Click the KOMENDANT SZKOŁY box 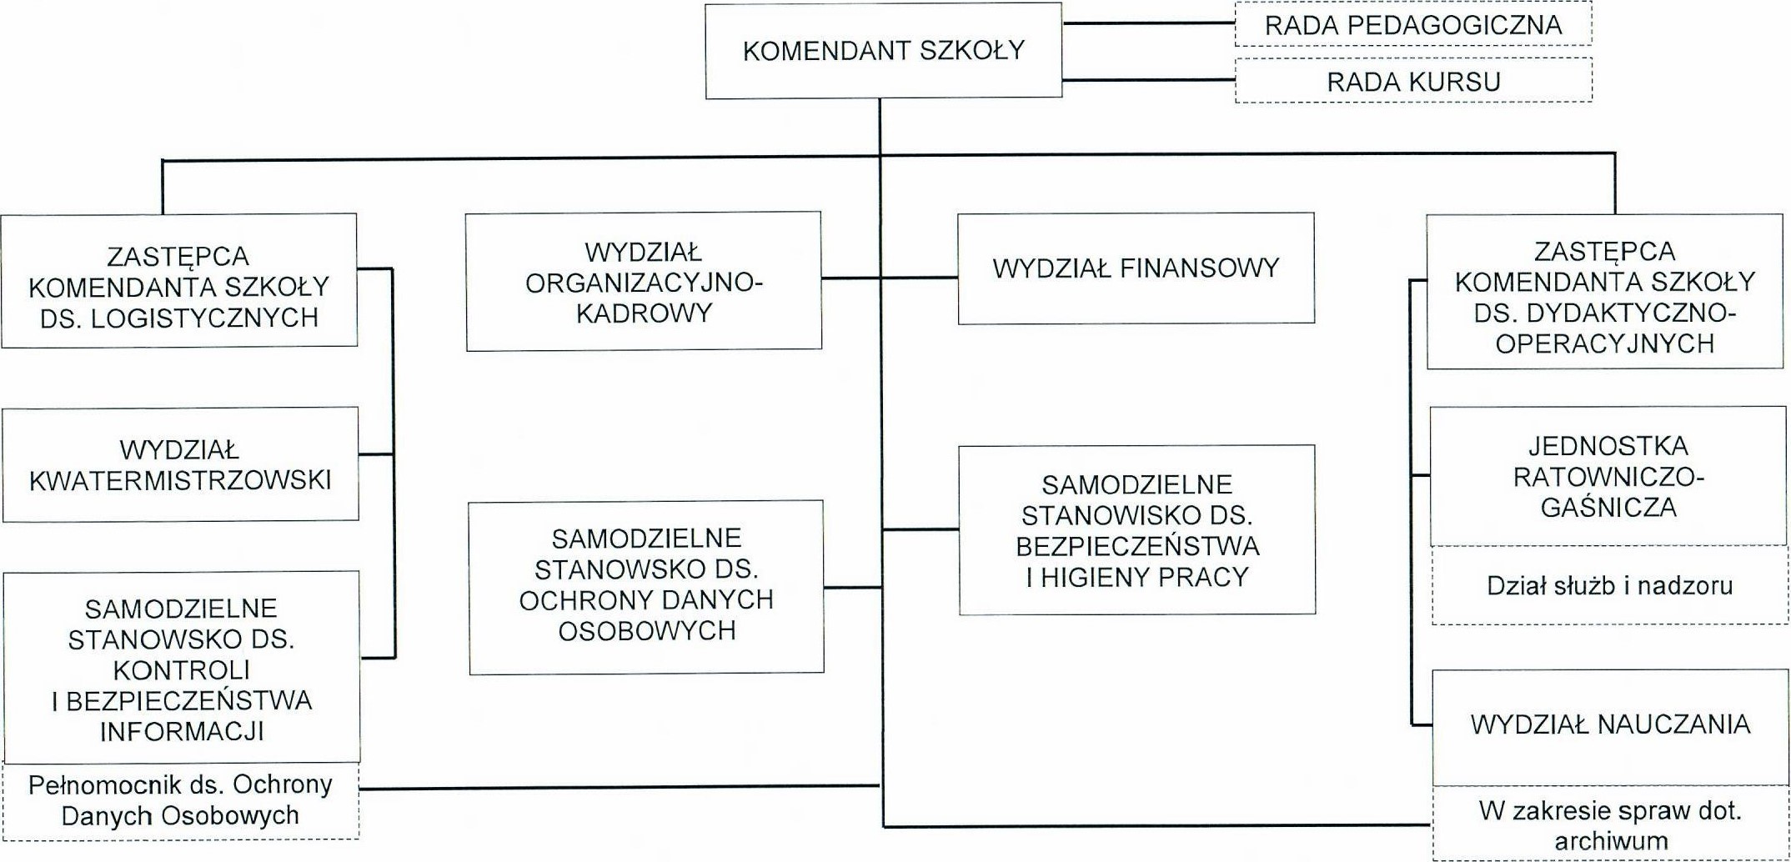(884, 51)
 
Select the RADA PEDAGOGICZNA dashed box (1413, 24)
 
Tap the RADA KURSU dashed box (1413, 81)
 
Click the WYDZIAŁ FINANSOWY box (1136, 268)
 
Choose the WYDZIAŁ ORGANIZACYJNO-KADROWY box (644, 282)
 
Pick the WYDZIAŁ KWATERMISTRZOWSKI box (180, 464)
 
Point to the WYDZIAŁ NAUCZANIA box (1610, 724)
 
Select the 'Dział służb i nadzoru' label (1609, 585)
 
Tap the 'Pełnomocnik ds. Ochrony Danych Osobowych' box (180, 799)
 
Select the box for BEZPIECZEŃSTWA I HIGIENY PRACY (1136, 530)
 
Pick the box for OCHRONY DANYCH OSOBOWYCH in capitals (646, 587)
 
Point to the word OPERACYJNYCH (1605, 343)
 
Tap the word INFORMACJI (182, 731)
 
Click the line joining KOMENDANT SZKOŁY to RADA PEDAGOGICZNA (1149, 24)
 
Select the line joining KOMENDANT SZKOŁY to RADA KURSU (1149, 80)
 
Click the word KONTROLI (182, 669)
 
